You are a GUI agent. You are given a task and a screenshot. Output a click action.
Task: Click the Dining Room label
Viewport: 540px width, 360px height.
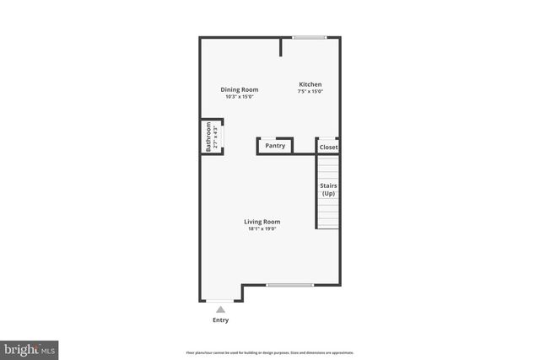tap(240, 89)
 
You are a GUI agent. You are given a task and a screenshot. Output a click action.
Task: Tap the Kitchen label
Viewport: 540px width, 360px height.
tap(310, 84)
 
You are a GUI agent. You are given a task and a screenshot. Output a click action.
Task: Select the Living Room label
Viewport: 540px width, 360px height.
tap(262, 222)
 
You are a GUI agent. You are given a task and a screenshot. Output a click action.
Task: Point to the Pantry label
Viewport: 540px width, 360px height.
tap(275, 146)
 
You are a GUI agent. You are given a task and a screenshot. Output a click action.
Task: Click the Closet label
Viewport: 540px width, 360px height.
tap(328, 148)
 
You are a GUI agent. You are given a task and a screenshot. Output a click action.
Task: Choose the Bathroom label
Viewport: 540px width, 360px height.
tap(208, 137)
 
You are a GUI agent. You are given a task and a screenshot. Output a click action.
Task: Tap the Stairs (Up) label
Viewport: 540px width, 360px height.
tap(328, 189)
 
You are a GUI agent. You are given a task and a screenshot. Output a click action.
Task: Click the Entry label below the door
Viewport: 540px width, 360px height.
tap(220, 320)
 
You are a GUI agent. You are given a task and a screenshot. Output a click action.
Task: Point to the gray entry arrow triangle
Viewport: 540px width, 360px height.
tap(220, 309)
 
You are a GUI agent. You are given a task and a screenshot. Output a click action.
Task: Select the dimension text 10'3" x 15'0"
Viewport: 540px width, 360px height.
tap(240, 97)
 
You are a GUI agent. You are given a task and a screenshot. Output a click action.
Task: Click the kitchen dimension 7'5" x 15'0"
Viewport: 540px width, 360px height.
tap(310, 91)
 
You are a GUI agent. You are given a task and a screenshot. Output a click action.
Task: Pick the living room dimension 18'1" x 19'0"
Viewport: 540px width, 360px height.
tap(262, 228)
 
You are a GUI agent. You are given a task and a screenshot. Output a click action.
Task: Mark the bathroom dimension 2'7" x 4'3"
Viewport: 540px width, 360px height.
tap(215, 137)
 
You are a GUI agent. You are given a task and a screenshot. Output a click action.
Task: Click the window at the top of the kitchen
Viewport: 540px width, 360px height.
tap(310, 37)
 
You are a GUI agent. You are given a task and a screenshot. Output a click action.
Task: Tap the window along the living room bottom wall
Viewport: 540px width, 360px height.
tap(290, 285)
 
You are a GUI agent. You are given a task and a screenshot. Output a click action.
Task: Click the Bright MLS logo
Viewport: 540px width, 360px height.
tap(30, 348)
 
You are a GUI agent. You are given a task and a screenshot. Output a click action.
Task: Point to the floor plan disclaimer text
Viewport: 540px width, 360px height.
tap(269, 352)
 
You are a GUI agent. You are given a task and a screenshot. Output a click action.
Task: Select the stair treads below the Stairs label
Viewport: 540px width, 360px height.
tap(328, 214)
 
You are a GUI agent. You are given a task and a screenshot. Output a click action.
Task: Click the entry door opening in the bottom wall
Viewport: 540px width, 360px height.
tap(221, 301)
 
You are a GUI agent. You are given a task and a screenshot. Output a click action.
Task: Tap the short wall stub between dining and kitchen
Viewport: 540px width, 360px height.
tap(281, 47)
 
